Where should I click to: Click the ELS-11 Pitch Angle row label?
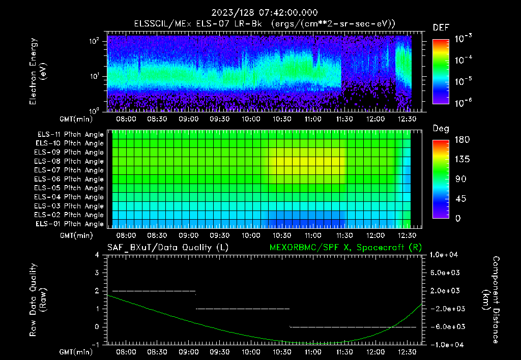point(69,134)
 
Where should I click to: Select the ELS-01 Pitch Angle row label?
point(69,224)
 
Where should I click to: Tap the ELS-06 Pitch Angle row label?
point(69,179)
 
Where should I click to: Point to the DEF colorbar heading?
point(441,27)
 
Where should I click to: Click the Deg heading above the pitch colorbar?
point(441,129)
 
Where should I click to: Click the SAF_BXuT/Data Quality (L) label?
point(167,247)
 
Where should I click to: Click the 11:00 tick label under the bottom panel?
point(313,352)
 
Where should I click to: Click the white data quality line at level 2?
point(153,291)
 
